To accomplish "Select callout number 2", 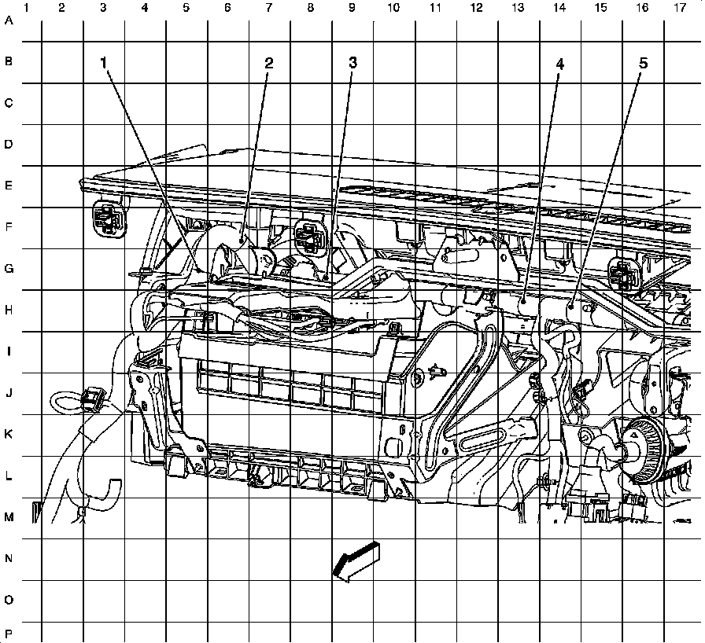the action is [269, 63].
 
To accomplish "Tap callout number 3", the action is [353, 63].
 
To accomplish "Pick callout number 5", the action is [643, 63].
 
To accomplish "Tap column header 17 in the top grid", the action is [680, 7].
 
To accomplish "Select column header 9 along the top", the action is [351, 7].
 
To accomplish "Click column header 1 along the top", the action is [27, 7].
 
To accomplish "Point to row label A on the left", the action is [9, 21].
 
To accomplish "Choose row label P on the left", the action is [9, 633].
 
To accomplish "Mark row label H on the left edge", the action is [9, 310].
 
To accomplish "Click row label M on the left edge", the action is [9, 517].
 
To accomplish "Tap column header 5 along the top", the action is [186, 7].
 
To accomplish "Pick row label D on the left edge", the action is [9, 145].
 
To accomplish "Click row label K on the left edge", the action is [9, 435].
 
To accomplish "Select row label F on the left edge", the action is [9, 228].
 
